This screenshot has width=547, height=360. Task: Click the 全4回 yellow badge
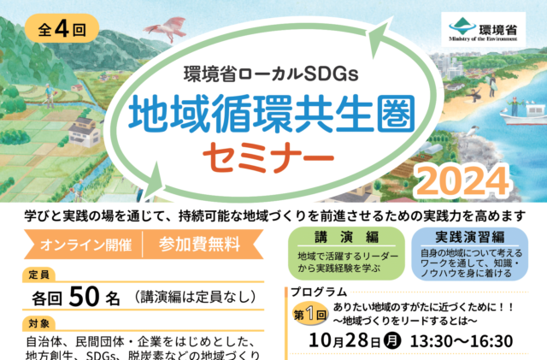[62, 28]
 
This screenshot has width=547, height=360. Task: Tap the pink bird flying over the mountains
[166, 28]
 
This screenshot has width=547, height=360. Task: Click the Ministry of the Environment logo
[483, 30]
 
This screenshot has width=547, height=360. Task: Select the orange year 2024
[463, 180]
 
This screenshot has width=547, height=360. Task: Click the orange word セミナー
[268, 157]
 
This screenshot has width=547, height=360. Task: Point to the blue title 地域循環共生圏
[272, 115]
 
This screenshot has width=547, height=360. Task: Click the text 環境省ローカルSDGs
[271, 74]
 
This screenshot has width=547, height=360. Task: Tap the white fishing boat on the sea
[523, 115]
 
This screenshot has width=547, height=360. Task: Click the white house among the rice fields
[85, 132]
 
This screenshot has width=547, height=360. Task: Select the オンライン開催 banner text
[85, 245]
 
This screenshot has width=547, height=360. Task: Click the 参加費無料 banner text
[199, 244]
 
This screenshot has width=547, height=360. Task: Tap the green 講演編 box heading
[346, 237]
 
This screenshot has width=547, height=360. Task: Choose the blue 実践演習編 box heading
[469, 237]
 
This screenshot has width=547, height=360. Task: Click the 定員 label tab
[38, 274]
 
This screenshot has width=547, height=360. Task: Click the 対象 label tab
[38, 324]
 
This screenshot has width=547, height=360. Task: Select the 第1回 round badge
[309, 315]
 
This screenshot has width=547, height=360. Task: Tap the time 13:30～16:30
[462, 341]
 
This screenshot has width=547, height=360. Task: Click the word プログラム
[319, 292]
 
